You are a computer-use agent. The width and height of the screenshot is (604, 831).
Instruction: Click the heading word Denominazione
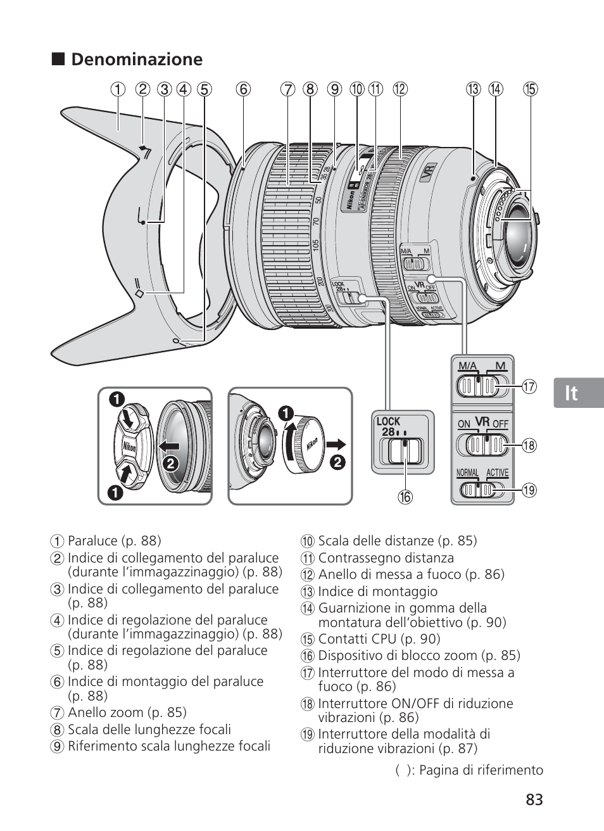137,60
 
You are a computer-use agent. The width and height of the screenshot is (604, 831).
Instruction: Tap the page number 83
534,799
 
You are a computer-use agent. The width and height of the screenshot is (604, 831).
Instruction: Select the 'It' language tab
572,393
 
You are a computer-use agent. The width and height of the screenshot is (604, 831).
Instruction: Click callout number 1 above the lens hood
118,89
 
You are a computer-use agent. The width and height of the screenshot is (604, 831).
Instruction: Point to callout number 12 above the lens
400,89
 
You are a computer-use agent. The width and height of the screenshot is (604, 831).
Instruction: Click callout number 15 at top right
531,89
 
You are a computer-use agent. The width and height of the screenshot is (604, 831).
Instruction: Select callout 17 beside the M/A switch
529,386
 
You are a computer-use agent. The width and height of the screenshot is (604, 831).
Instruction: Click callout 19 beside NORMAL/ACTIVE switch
529,490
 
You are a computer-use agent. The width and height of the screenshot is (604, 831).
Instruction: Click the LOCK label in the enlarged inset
389,421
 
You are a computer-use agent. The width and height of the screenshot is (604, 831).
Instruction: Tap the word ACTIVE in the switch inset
497,473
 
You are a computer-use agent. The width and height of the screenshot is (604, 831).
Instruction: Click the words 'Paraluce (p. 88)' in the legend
114,541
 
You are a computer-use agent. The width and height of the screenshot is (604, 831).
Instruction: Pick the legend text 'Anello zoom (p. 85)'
127,713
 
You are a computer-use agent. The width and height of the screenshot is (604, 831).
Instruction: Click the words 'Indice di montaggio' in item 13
377,592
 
